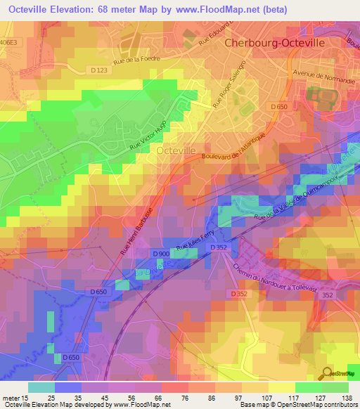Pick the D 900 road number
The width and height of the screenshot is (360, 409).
click(x=160, y=253)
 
